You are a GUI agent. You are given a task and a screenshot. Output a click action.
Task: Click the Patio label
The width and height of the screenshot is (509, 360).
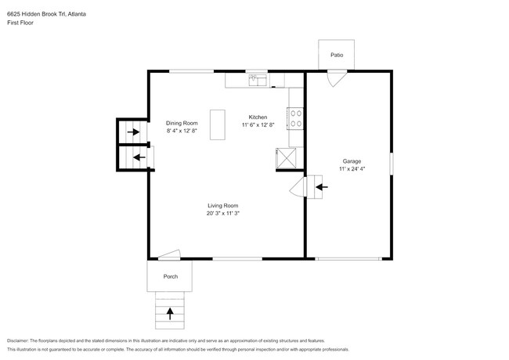pyautogui.click(x=337, y=56)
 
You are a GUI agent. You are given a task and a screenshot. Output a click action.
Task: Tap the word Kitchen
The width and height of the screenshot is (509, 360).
pyautogui.click(x=258, y=117)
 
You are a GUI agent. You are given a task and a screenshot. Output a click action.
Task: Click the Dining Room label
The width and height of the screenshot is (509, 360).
pyautogui.click(x=182, y=123)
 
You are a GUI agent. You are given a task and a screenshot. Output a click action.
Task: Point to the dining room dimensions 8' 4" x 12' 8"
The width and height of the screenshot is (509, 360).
pyautogui.click(x=182, y=131)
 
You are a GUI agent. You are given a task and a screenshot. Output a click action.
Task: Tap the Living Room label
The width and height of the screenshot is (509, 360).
pyautogui.click(x=222, y=205)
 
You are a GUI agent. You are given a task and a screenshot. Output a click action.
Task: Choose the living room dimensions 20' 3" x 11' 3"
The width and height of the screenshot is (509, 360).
pyautogui.click(x=222, y=213)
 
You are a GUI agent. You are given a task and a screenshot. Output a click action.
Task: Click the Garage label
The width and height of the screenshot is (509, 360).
pyautogui.click(x=352, y=160)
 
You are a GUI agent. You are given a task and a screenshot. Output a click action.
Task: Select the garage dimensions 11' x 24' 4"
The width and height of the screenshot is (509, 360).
pyautogui.click(x=352, y=169)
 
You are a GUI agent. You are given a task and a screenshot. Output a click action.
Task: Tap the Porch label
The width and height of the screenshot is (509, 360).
pyautogui.click(x=170, y=277)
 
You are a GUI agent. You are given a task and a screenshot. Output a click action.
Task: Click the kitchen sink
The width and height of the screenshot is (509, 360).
pyautogui.click(x=257, y=79)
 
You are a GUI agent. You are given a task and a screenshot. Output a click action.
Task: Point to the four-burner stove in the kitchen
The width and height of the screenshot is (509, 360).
pyautogui.click(x=297, y=118)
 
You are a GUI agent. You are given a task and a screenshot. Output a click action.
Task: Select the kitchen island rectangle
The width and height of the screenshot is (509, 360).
pyautogui.click(x=217, y=126)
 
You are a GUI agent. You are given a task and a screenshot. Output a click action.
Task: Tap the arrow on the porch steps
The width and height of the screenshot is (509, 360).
pyautogui.click(x=171, y=315)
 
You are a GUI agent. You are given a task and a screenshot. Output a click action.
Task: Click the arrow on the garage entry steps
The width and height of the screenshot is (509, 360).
pyautogui.click(x=321, y=186)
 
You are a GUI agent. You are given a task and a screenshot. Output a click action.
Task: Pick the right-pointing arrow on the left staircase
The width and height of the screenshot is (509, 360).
pyautogui.click(x=134, y=132)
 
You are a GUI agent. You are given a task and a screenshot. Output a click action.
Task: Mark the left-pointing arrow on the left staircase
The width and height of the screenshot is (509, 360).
pyautogui.click(x=139, y=157)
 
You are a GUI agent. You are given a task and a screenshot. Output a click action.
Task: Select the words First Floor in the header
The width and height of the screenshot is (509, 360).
pyautogui.click(x=21, y=23)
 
